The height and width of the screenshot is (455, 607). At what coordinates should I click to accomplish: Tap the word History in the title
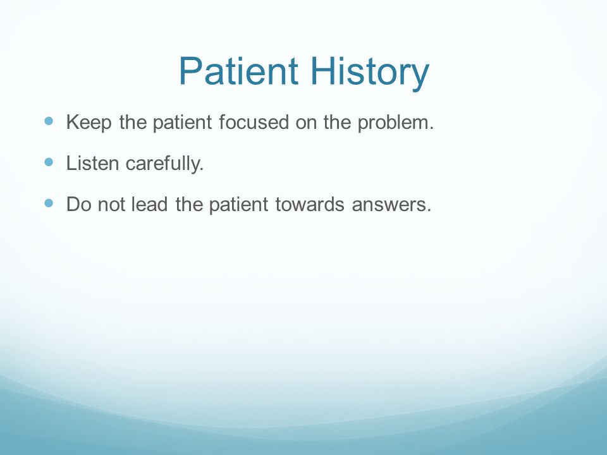tap(370, 73)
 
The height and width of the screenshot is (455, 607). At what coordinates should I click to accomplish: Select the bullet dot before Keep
tap(49, 121)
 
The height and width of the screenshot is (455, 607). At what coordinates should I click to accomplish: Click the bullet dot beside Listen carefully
tap(49, 162)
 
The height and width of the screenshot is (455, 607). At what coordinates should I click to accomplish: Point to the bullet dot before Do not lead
tap(49, 203)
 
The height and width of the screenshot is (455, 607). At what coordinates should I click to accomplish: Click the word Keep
tap(89, 123)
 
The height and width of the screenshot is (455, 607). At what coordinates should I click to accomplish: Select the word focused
tap(254, 122)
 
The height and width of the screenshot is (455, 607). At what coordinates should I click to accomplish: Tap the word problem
tap(395, 123)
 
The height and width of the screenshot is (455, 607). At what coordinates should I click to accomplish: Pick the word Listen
tap(92, 163)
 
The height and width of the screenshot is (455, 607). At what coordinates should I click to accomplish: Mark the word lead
tap(149, 204)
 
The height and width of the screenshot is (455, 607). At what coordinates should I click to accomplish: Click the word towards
tap(310, 204)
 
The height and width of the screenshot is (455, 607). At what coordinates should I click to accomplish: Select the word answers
tap(391, 205)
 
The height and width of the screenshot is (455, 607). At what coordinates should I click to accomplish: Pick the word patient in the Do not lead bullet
tap(238, 205)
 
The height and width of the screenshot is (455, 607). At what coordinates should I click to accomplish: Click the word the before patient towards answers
tap(189, 204)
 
